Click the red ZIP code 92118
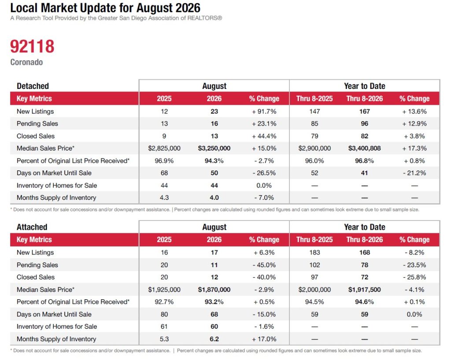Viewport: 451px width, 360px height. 32,46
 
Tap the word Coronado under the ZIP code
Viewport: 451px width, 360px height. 26,62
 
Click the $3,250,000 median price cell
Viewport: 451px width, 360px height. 214,148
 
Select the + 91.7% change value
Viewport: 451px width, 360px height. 264,111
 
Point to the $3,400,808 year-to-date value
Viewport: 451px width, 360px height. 364,148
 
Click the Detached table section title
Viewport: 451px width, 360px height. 33,86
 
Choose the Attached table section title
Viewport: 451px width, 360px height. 32,227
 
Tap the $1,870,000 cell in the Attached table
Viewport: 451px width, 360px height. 214,290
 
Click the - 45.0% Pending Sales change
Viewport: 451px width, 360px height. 264,265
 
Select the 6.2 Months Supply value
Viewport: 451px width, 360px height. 214,339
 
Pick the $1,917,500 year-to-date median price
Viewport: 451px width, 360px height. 364,290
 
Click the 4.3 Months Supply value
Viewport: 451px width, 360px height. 164,198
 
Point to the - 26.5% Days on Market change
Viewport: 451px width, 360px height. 264,173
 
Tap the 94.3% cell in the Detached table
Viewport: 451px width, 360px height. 214,161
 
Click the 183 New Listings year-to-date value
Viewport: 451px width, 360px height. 314,253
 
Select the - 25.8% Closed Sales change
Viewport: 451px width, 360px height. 414,277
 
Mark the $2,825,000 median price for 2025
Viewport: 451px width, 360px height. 164,148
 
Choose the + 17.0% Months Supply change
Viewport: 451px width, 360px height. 264,339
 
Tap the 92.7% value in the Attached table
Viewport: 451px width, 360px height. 164,302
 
